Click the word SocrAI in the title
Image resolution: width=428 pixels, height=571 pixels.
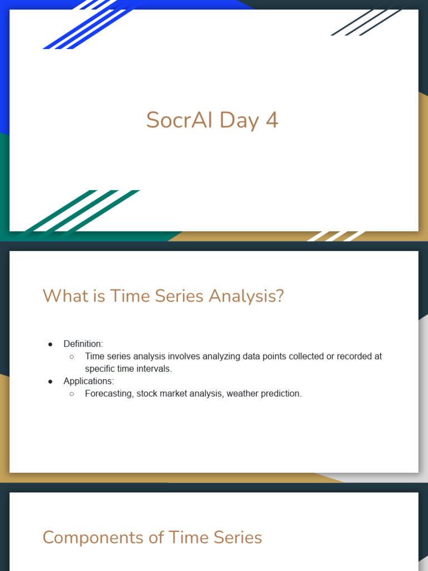coord(179,120)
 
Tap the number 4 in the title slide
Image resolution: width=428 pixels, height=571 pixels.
coord(272,120)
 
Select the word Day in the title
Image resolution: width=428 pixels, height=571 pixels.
coord(239,121)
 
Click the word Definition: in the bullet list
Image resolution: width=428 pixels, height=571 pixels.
coord(84,343)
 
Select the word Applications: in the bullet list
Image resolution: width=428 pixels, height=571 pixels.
coord(89,381)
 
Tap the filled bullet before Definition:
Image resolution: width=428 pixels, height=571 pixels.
coord(50,344)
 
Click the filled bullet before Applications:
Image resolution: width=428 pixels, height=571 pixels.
coord(50,381)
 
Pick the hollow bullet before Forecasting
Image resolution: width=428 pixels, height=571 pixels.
coord(72,394)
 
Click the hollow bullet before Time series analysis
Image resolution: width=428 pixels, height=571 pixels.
coord(72,357)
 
